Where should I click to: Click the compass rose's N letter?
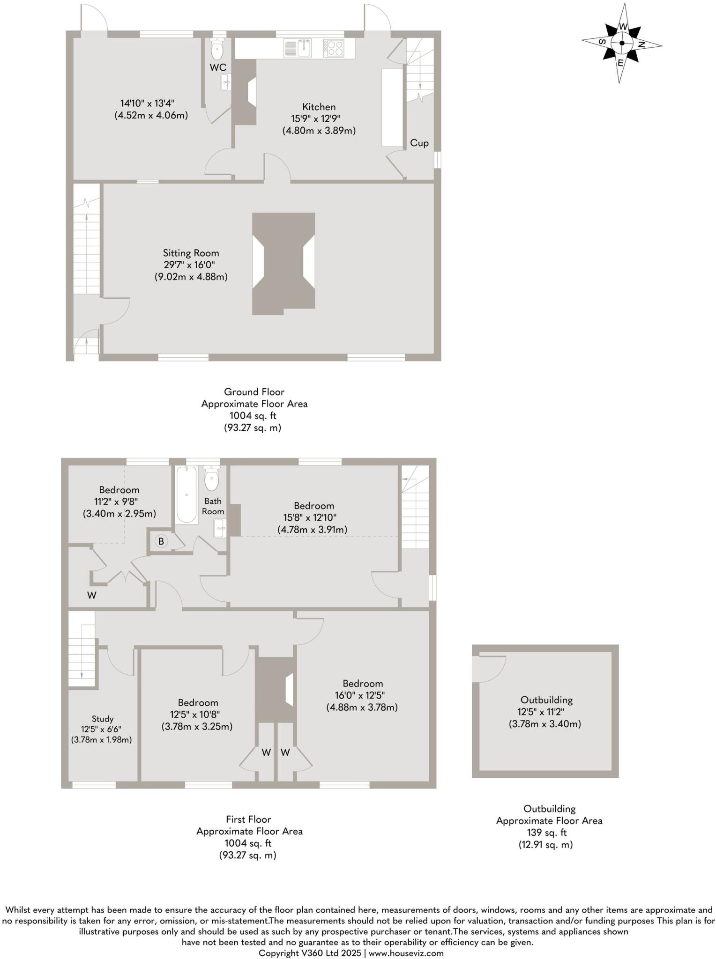[x=641, y=44]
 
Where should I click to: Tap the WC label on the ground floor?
[x=218, y=67]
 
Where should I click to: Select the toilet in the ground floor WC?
[x=218, y=48]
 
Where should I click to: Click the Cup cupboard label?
[x=419, y=143]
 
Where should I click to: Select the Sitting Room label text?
[x=191, y=253]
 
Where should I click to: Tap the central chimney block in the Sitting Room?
[x=283, y=263]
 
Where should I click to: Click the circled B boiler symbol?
[x=161, y=541]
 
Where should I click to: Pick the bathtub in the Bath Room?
[x=186, y=495]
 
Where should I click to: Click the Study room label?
[x=102, y=719]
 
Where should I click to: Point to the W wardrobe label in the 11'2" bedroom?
[x=92, y=595]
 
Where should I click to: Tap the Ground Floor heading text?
[x=254, y=392]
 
